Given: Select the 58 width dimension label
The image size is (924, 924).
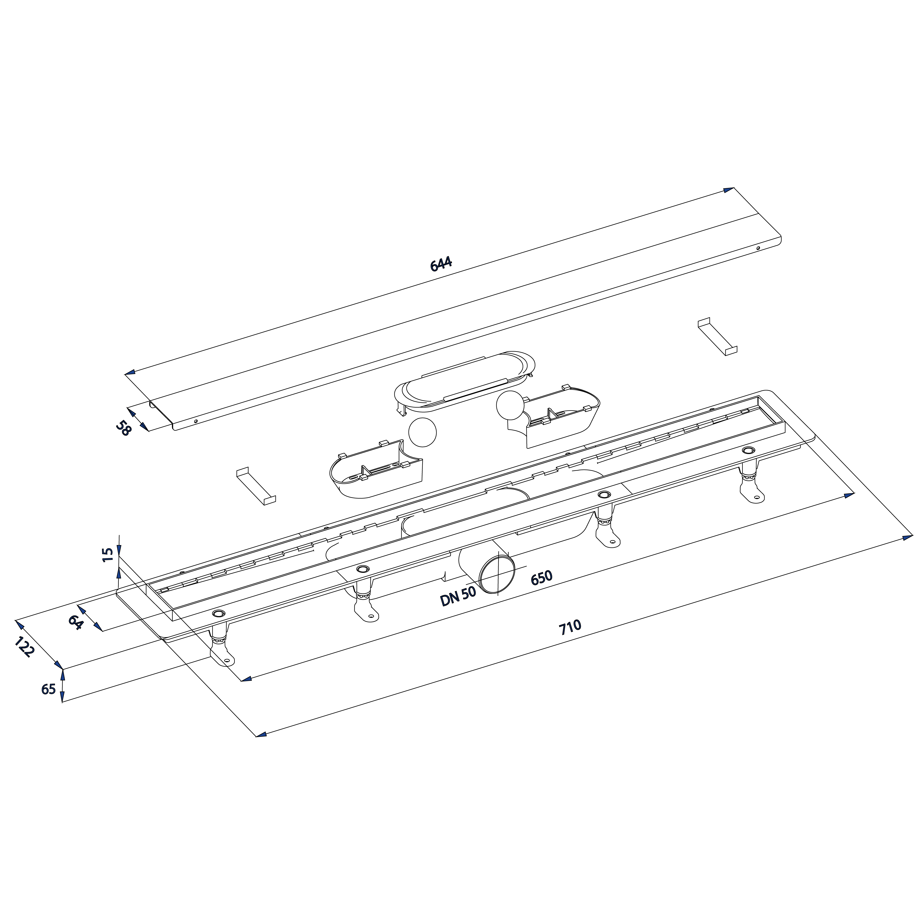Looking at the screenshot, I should [x=123, y=427].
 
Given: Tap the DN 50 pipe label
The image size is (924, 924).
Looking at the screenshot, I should [x=458, y=596].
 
